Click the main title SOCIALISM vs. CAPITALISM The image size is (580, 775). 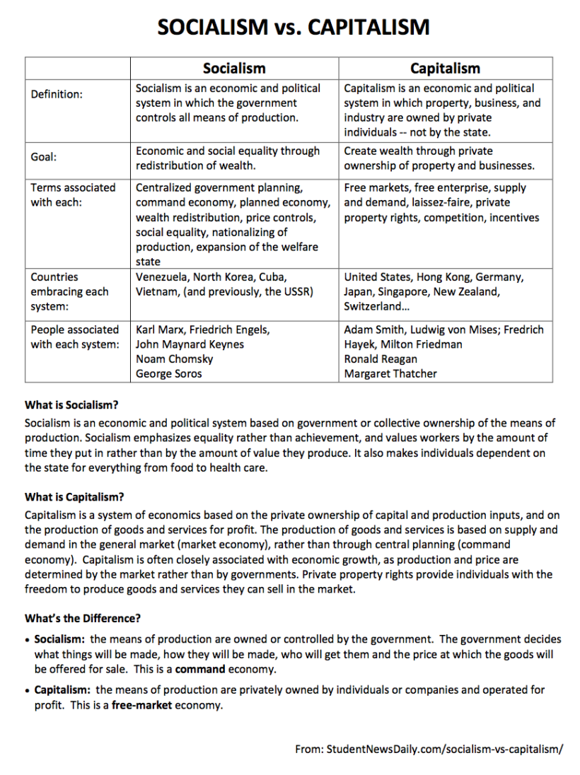tap(293, 28)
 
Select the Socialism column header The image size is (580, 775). tap(234, 69)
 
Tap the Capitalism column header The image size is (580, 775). tap(445, 69)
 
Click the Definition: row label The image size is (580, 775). tap(57, 95)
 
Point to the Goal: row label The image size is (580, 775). tap(44, 158)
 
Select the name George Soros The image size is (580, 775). tap(169, 373)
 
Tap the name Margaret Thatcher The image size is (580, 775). tap(390, 373)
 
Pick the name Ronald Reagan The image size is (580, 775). tap(381, 359)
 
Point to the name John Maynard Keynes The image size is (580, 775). tap(190, 344)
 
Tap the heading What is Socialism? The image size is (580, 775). tap(71, 405)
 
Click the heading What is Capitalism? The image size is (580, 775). tap(74, 497)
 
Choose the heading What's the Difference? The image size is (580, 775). tap(83, 619)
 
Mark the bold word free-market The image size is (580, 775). tap(141, 706)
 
